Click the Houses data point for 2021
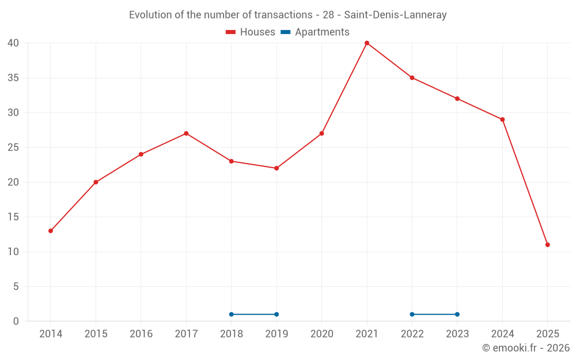click(x=367, y=43)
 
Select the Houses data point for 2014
click(x=51, y=231)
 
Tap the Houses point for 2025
click(x=548, y=245)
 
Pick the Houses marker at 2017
click(x=186, y=134)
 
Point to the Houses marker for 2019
click(x=276, y=168)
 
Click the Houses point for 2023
click(x=457, y=98)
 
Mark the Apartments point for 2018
click(x=232, y=314)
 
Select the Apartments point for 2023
click(x=457, y=314)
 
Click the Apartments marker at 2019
click(x=276, y=314)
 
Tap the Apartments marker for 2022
click(x=412, y=314)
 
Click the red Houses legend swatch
click(x=231, y=32)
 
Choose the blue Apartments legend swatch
click(x=286, y=32)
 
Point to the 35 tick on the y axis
click(x=13, y=78)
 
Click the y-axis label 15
click(x=13, y=217)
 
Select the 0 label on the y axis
click(x=16, y=321)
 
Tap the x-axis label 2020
click(x=322, y=334)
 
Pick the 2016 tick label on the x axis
click(x=141, y=334)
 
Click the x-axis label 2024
click(x=502, y=334)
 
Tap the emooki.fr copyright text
click(x=526, y=348)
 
